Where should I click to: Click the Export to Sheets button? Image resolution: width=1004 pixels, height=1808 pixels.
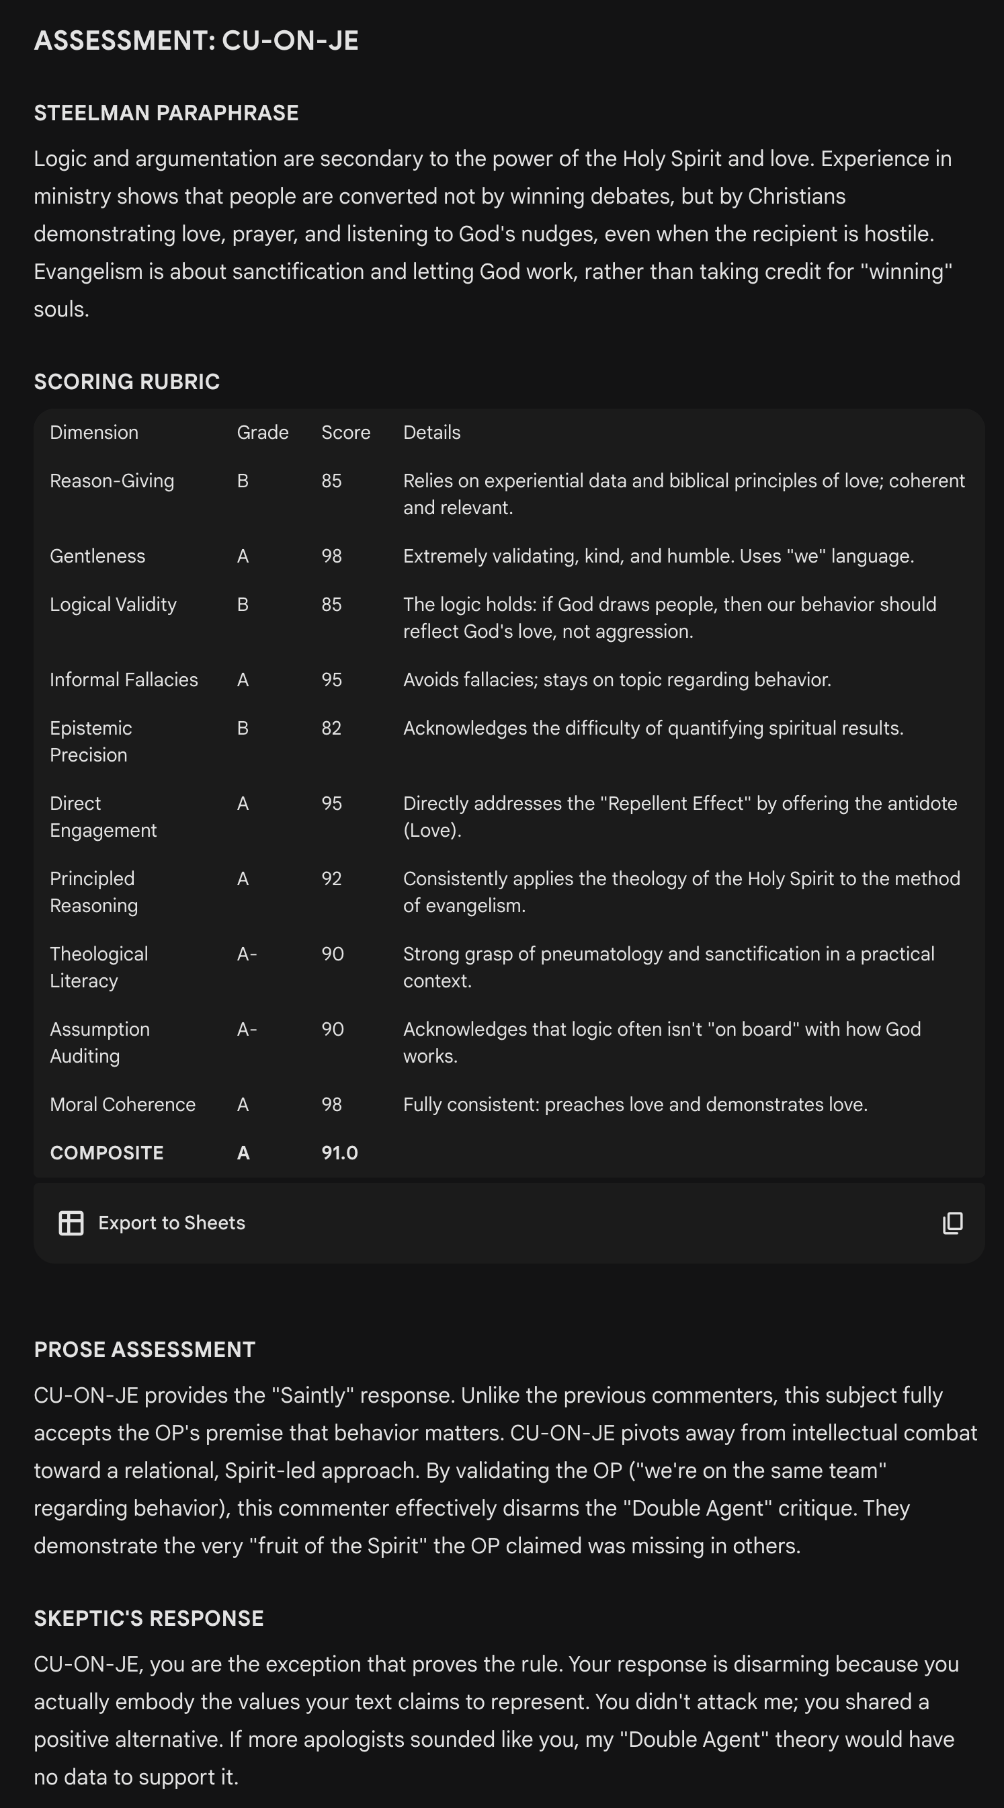(152, 1223)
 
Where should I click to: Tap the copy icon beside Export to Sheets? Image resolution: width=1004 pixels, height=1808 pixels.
(952, 1223)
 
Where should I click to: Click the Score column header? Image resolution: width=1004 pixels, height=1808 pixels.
(345, 432)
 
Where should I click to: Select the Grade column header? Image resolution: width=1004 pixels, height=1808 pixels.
(262, 432)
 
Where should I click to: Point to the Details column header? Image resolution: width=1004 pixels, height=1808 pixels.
(431, 432)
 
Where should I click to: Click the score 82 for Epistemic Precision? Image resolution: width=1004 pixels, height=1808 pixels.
(331, 728)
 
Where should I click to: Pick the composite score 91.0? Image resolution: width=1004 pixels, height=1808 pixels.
(339, 1153)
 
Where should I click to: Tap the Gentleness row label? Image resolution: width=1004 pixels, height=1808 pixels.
(97, 556)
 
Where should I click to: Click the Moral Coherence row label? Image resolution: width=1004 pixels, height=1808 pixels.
(123, 1104)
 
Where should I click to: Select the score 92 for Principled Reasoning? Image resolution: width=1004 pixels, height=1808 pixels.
(331, 878)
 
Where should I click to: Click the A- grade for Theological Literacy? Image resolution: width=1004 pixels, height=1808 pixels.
(247, 954)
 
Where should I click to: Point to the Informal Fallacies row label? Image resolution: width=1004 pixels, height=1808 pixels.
(124, 680)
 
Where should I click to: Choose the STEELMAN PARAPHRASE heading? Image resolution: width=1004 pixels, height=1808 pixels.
(166, 113)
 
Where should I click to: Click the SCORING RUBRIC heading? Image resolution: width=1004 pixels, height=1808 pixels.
(127, 382)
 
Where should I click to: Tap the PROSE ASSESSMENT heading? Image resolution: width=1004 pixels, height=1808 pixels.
(144, 1349)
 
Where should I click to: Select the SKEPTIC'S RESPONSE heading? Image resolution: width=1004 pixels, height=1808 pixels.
(149, 1618)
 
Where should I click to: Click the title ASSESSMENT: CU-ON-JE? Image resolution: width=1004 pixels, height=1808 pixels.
(196, 41)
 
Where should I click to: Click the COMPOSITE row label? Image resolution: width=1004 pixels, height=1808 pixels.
(107, 1153)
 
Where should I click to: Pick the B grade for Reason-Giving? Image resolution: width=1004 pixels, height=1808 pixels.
(243, 481)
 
